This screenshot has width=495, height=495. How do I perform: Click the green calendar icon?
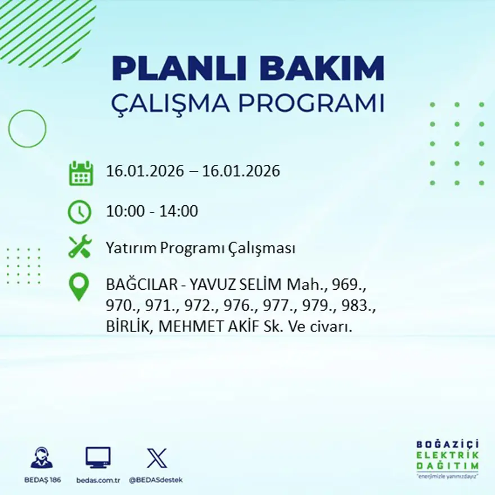coord(80,173)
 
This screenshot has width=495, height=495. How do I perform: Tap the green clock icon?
coord(79,212)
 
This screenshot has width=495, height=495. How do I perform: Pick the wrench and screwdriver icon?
coord(79,247)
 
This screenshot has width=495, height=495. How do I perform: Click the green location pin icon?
coord(79,286)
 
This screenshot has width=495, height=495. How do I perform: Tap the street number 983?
coord(362,306)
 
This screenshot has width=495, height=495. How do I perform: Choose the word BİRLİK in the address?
coord(126,327)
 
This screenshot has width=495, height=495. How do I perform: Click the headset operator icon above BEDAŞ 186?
coord(42,458)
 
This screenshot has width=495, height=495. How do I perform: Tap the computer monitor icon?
coord(98,457)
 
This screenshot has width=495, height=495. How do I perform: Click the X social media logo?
coord(156,458)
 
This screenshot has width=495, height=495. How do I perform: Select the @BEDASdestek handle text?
coord(156,480)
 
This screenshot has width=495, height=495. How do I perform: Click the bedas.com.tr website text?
coord(98,480)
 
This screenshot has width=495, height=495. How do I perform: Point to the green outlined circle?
coord(27,129)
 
